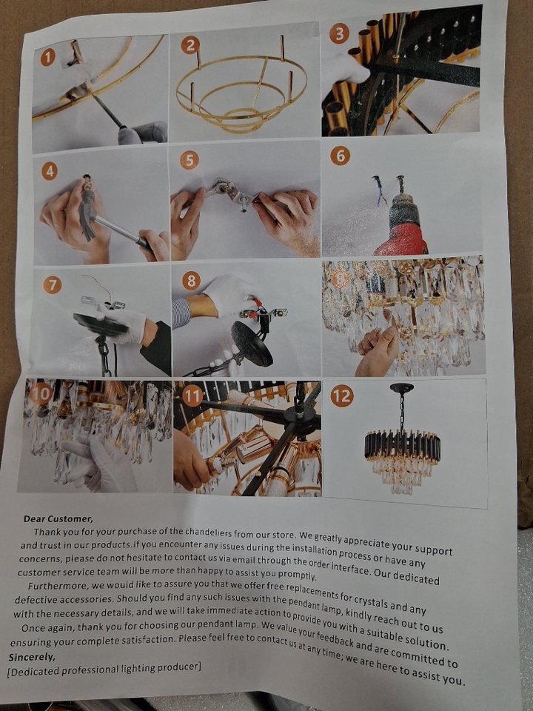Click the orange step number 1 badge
click(47, 57)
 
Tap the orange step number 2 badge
click(190, 45)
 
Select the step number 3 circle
click(339, 34)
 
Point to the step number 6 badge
click(340, 156)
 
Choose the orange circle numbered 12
click(342, 397)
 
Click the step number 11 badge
click(192, 395)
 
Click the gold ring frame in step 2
click(241, 96)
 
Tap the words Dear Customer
click(58, 518)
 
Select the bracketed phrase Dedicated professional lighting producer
click(104, 669)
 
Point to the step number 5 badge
click(189, 161)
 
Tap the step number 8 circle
click(191, 281)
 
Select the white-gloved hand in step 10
click(101, 461)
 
